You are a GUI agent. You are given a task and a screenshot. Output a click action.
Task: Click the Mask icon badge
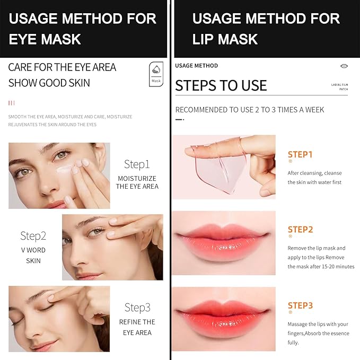156,74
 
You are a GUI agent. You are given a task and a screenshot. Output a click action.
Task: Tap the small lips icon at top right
344,66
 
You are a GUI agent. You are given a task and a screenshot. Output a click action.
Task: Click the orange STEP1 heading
300,154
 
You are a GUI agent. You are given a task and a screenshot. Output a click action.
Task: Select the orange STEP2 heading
300,230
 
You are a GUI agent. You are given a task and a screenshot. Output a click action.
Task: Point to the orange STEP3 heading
300,305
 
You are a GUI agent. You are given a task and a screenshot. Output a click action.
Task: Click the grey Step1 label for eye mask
137,164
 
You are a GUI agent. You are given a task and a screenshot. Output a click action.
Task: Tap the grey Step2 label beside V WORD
33,236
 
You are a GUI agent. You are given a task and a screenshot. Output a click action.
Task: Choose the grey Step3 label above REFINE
137,308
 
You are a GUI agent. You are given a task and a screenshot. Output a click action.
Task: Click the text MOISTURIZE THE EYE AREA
137,182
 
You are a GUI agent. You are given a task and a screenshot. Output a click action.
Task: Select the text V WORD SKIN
33,256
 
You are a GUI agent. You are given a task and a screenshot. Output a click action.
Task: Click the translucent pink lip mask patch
223,166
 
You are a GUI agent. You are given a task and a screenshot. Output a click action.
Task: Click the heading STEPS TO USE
221,86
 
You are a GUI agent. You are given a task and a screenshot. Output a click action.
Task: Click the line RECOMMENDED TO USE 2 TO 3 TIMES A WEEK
249,110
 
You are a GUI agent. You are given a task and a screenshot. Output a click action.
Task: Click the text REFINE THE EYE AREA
137,327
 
